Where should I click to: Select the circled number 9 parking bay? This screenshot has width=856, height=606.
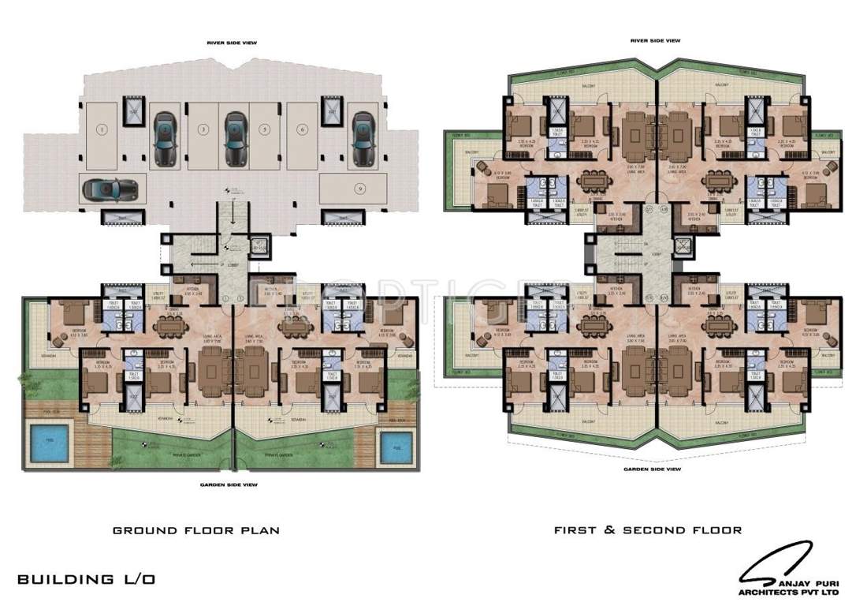point(359,188)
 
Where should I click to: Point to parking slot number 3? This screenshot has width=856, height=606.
point(203,128)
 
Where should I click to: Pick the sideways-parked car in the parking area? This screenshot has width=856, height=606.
point(110,189)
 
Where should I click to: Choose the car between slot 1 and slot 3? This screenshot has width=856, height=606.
point(164,138)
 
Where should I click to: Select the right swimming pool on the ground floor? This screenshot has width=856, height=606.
point(393,448)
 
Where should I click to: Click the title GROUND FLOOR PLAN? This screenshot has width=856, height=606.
point(195,531)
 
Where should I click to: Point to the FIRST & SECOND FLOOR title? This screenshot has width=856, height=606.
point(647,530)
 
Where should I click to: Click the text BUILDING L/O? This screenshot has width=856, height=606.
point(87,579)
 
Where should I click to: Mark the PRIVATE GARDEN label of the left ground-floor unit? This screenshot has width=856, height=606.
point(166,455)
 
